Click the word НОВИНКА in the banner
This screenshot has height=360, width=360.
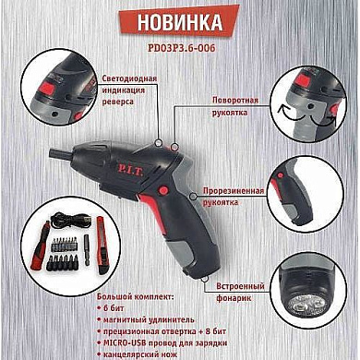pos(180,21)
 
